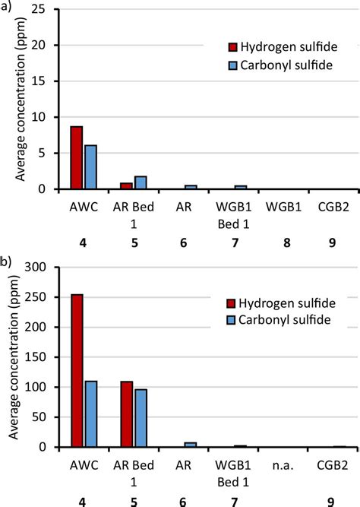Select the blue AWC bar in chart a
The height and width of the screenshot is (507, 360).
coord(90,166)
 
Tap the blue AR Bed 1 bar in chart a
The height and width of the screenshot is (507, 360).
coord(141,182)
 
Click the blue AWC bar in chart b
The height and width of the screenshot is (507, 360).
coord(90,414)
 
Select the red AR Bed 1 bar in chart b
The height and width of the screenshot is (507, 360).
coord(126,414)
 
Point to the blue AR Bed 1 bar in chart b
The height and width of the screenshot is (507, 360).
coord(141,418)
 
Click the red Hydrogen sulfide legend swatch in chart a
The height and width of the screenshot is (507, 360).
coord(234,47)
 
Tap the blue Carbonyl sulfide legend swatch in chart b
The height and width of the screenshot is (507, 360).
coord(234,319)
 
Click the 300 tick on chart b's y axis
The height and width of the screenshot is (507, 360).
coord(37,268)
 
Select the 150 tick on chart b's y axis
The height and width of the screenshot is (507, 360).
coord(37,357)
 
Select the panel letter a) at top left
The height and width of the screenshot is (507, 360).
coord(7,7)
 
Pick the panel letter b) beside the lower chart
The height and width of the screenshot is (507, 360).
coord(7,261)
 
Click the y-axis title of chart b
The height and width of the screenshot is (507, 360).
coord(12,357)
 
